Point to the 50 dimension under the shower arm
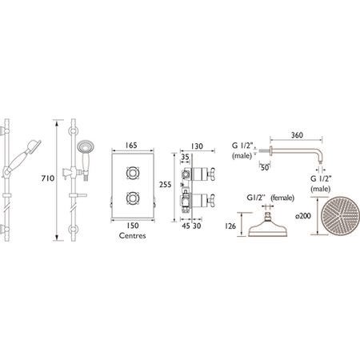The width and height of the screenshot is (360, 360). click(x=263, y=166)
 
